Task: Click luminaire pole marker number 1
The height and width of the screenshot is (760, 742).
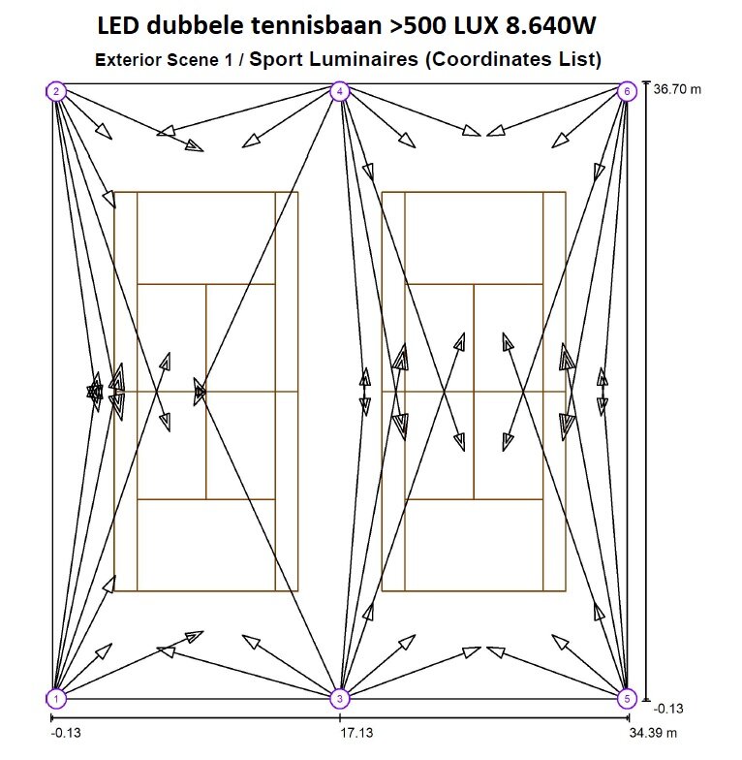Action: click(x=57, y=698)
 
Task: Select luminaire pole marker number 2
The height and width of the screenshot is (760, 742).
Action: click(x=57, y=92)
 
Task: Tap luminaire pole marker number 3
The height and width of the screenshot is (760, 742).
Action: click(x=339, y=698)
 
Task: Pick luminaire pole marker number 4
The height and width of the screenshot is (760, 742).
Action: click(x=339, y=92)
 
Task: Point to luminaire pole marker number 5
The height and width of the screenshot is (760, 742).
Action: click(x=626, y=698)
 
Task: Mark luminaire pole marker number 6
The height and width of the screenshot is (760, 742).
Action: click(x=626, y=92)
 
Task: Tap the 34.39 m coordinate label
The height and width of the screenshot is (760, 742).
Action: click(x=653, y=734)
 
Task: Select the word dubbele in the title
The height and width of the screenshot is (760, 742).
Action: click(x=192, y=26)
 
